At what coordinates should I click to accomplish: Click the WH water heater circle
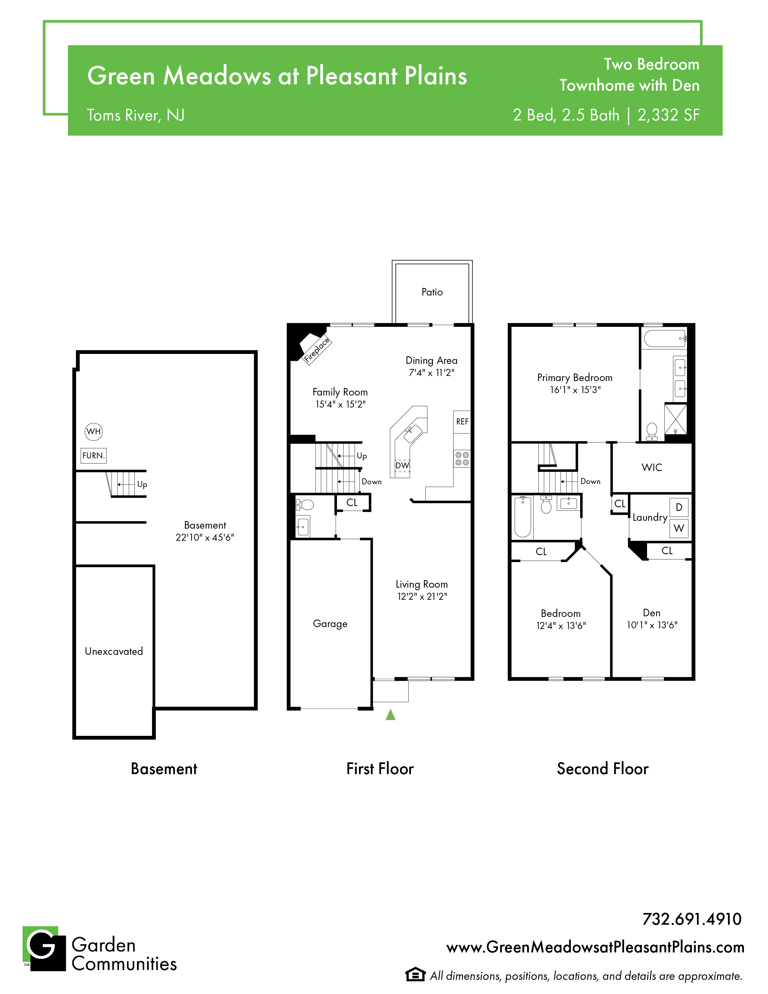click(x=94, y=431)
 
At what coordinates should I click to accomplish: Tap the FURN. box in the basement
click(x=94, y=455)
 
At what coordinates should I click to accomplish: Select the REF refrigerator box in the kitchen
click(x=462, y=421)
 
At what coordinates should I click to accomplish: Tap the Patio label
click(x=432, y=292)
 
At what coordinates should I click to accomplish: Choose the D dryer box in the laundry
click(x=679, y=508)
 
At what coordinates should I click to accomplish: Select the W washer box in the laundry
click(x=679, y=528)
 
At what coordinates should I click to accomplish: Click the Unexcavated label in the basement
click(x=114, y=651)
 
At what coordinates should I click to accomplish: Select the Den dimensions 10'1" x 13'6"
click(x=652, y=625)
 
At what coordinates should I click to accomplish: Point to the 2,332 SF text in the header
click(x=668, y=115)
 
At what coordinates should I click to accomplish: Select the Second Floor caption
click(x=602, y=769)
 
